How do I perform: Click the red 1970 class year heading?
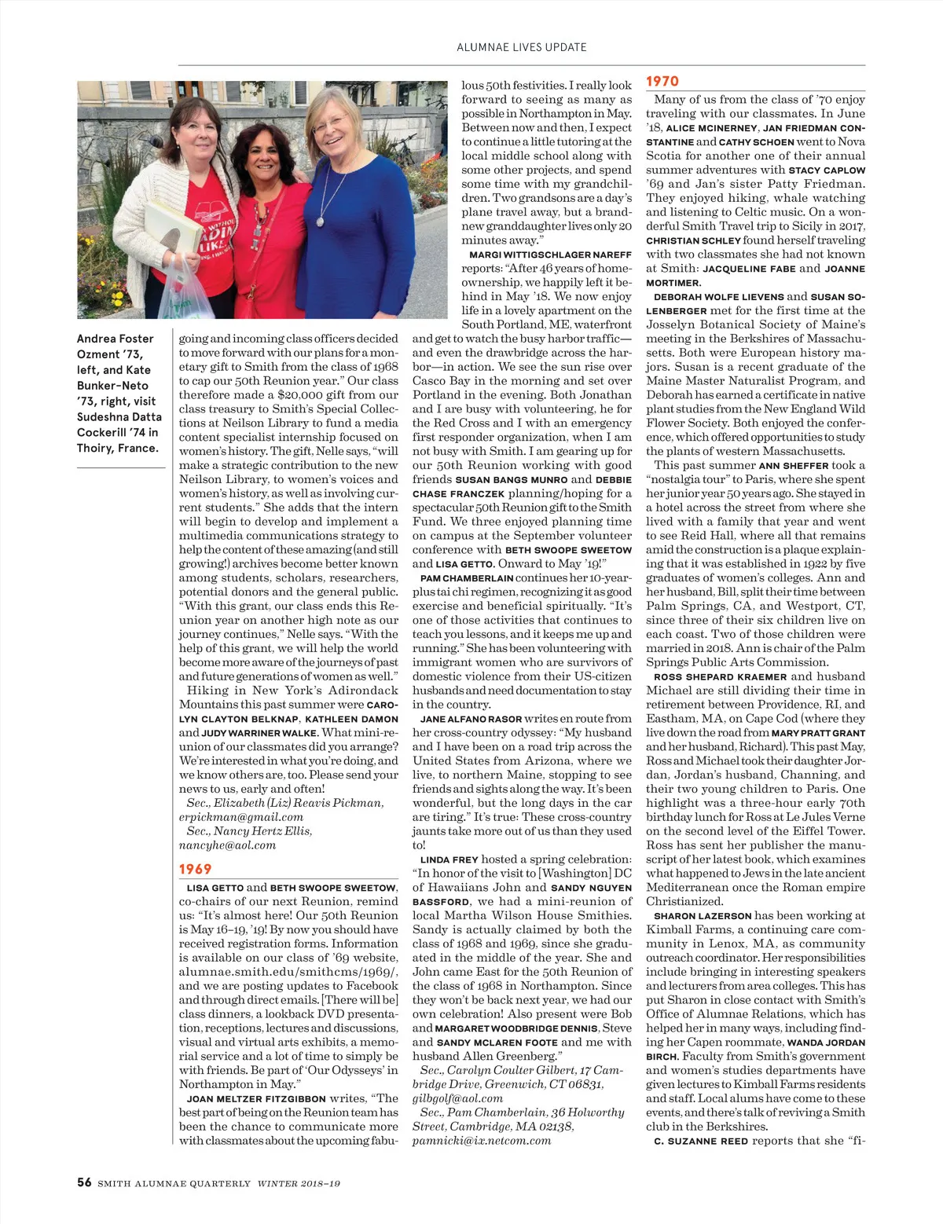pos(662,81)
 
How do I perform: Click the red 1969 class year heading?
pos(195,869)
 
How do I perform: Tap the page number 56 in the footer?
pos(84,1182)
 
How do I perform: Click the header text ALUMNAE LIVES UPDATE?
pos(522,47)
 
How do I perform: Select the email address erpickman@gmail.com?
pos(240,817)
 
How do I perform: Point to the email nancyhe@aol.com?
pos(227,845)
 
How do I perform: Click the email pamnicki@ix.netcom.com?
pos(482,1141)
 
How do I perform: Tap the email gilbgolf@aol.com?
pos(457,1098)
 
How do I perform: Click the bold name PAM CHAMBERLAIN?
pos(467,578)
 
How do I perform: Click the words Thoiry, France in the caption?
pos(117,449)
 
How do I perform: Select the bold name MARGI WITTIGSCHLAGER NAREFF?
pos(550,255)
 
